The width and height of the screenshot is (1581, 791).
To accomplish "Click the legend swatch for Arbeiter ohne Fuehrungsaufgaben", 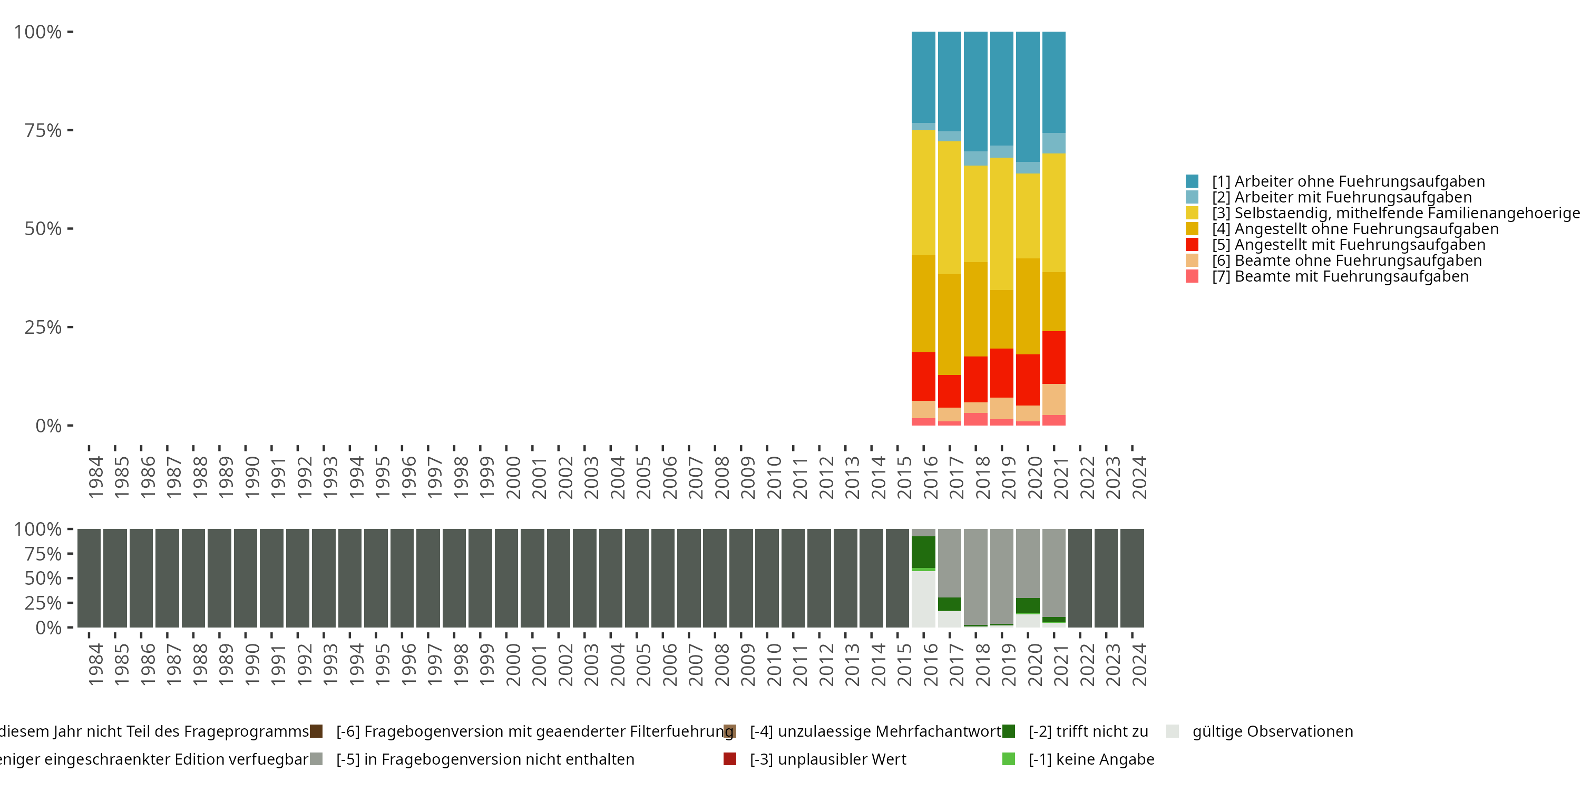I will coord(1192,181).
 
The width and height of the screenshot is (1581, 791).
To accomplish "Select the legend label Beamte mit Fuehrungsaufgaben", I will coord(1351,276).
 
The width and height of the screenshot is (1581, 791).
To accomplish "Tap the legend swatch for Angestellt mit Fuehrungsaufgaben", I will coord(1192,245).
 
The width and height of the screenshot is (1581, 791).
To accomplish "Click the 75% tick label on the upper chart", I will coord(43,130).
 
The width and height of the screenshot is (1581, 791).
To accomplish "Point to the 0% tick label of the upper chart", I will coord(48,426).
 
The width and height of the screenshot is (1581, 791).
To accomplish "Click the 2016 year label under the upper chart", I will coord(931,477).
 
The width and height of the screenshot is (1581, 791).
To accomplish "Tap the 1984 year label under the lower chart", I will coord(96,664).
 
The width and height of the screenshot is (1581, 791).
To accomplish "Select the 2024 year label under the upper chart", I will coord(1139,477).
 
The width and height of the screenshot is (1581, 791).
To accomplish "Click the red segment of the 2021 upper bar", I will coord(1054,358).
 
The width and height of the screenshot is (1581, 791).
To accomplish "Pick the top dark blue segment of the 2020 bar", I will coord(1028,97).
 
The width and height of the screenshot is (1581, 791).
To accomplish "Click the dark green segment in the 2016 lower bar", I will coord(923,552).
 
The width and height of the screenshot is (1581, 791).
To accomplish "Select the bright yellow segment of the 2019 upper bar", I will coord(1002,224).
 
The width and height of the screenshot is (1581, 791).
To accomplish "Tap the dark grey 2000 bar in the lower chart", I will coord(506,578).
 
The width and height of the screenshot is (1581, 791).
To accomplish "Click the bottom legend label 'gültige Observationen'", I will coord(1272,731).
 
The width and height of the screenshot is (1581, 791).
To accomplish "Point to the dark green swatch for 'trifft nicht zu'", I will coord(1008,731).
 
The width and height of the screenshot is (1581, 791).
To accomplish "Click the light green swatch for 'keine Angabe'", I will coord(1008,759).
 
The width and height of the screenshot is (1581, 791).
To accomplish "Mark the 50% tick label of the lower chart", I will coord(43,578).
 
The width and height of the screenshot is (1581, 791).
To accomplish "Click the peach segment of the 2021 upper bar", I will coord(1054,399).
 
